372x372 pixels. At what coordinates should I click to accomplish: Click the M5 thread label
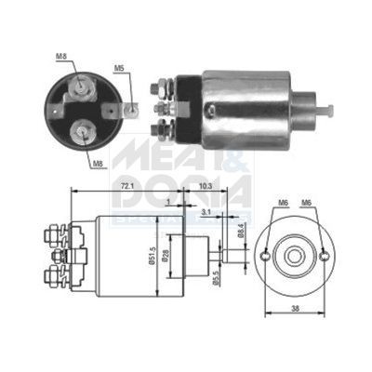tap(119, 68)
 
